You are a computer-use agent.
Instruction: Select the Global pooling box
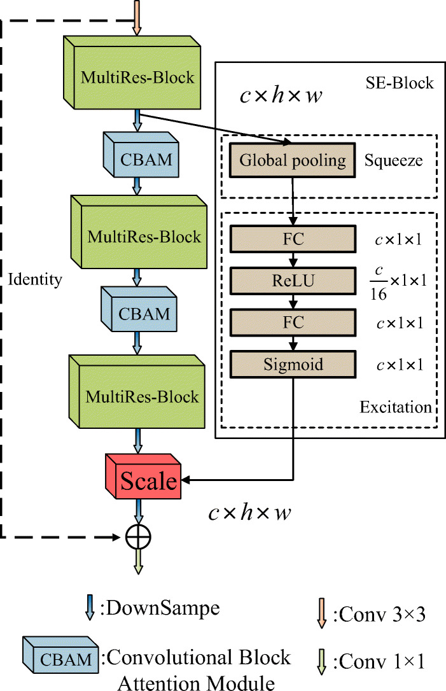pos(292,160)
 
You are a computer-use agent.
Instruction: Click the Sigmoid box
pos(292,365)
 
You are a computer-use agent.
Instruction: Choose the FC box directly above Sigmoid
pos(292,322)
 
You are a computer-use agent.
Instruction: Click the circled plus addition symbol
pos(137,538)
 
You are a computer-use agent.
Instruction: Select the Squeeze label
pos(393,160)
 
